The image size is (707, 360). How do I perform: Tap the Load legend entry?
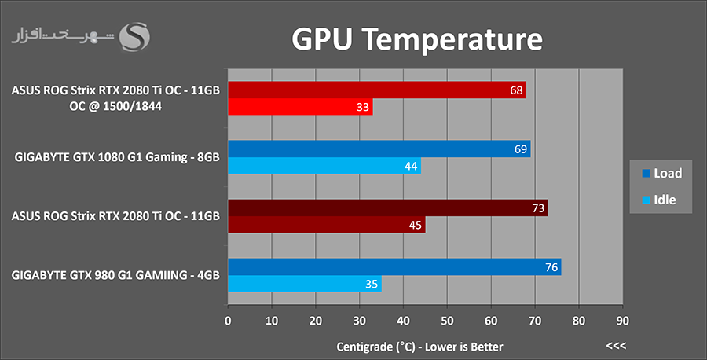[x=660, y=173]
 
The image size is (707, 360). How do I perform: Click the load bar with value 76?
[x=394, y=267]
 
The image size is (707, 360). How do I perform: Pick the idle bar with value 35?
[x=304, y=285]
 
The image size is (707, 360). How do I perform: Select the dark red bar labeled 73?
[x=387, y=208]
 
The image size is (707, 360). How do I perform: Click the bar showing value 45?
[x=326, y=226]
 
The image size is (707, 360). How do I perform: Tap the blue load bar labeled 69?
[x=379, y=149]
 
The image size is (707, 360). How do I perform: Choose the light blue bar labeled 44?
[x=324, y=166]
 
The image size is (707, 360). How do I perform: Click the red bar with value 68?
[x=376, y=90]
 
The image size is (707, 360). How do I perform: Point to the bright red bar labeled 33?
[x=300, y=107]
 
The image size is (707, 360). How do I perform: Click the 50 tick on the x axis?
[x=447, y=321]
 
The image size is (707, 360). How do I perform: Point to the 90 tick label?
[x=622, y=321]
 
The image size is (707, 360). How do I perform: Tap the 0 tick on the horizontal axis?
[x=228, y=321]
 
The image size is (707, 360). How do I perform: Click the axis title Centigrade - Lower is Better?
[x=419, y=347]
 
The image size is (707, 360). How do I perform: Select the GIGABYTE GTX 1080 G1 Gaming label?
[x=116, y=157]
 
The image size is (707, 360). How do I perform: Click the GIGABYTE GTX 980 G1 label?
[x=115, y=275]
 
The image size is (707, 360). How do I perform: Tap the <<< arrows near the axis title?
[x=616, y=346]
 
